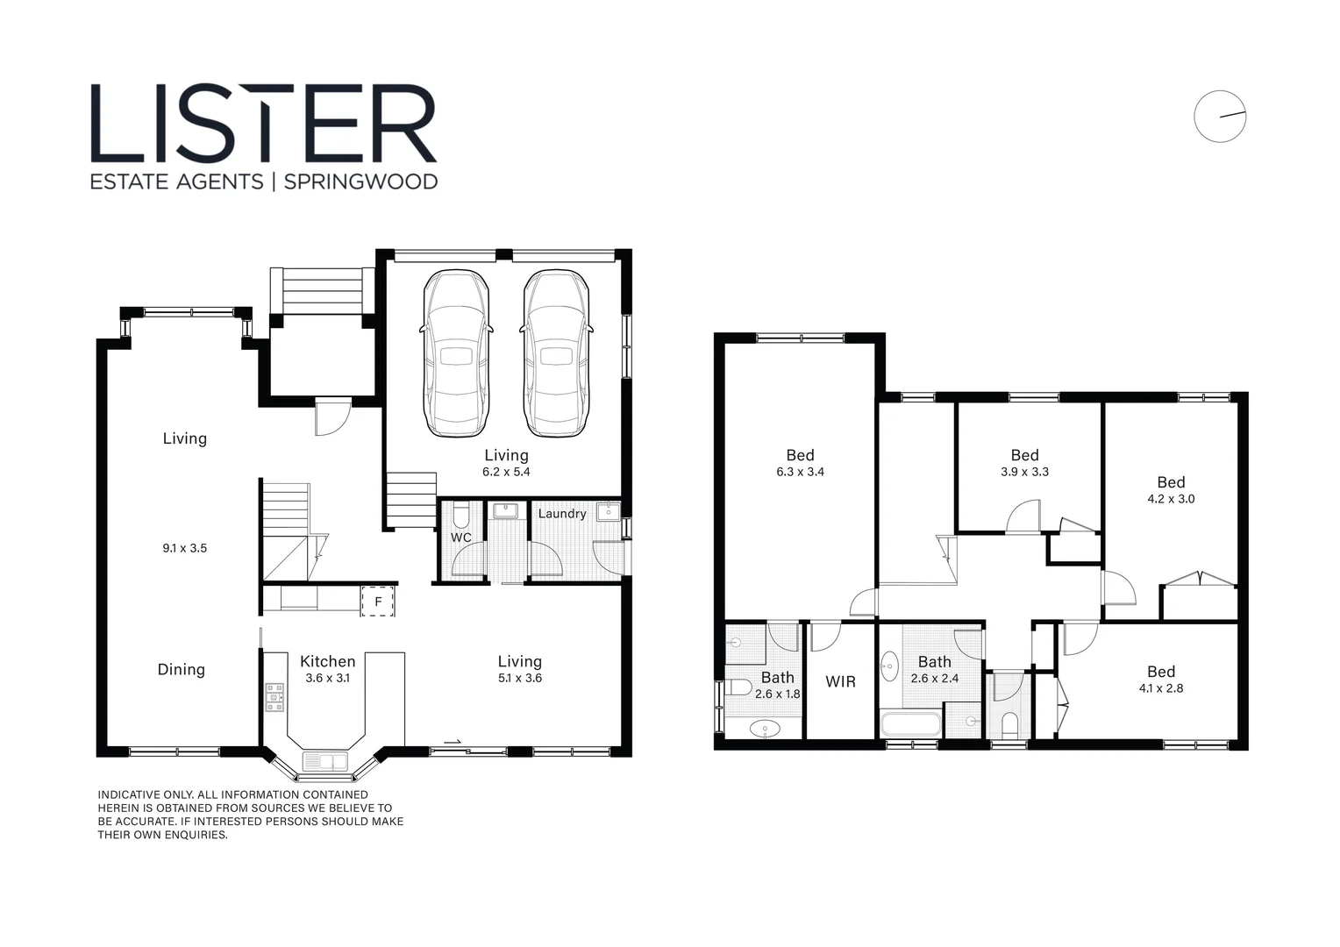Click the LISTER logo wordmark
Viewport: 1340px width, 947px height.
pos(263,124)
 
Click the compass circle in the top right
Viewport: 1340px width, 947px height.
pos(1219,117)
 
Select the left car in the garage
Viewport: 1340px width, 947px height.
pos(456,352)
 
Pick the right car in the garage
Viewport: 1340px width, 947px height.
pos(556,352)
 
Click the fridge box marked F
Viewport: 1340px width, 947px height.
pos(378,602)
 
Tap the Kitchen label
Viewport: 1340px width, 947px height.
pos(327,661)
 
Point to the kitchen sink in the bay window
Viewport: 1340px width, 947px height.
pos(324,760)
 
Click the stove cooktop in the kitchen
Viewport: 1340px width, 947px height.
pos(274,697)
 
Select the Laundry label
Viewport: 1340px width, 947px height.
pos(561,513)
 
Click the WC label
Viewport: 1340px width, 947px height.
pos(460,538)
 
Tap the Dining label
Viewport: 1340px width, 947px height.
pos(181,669)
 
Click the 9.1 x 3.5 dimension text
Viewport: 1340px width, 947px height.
pos(184,548)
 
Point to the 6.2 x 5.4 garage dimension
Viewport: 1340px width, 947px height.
pos(506,472)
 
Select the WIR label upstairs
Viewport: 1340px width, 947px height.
pos(840,681)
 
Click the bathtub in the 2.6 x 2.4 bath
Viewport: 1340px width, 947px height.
pos(911,724)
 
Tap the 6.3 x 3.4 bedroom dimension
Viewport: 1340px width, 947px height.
pos(800,472)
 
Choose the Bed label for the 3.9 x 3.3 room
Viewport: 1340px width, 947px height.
pos(1024,455)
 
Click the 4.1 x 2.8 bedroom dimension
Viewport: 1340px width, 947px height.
pos(1160,688)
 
